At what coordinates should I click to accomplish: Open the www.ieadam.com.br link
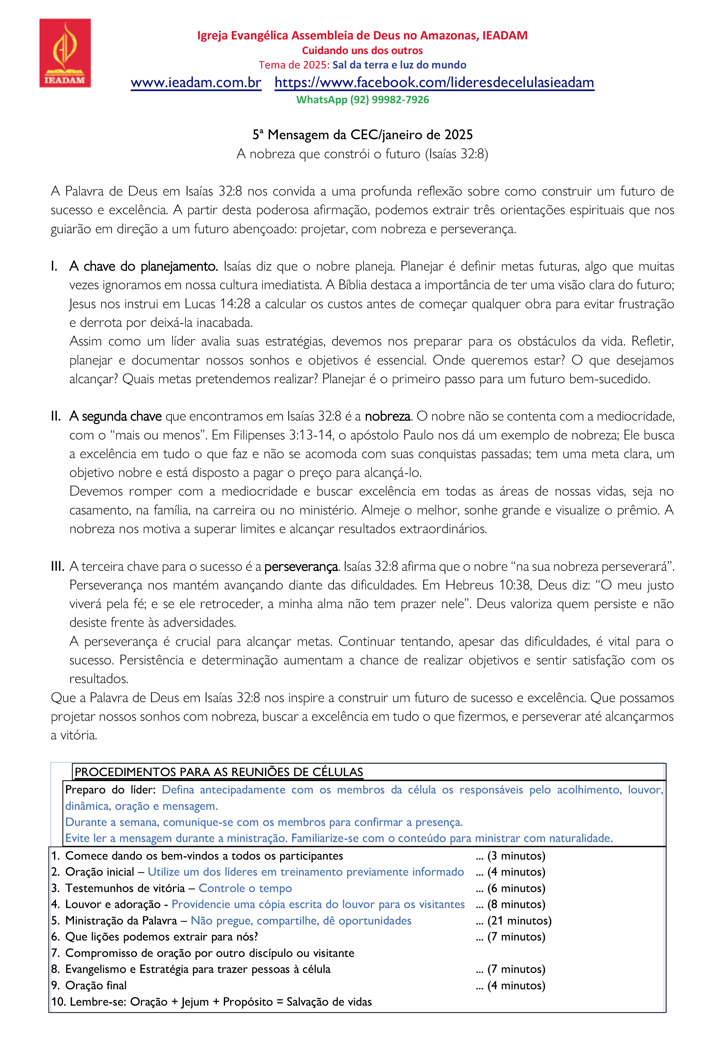(x=196, y=82)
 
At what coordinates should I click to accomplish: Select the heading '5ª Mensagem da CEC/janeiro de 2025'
(x=362, y=134)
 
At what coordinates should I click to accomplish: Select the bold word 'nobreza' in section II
(x=388, y=416)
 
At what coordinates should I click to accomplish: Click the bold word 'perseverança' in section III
(x=301, y=566)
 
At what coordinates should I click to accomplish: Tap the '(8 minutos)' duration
(x=516, y=904)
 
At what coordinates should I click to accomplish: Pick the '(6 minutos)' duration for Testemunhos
(x=516, y=888)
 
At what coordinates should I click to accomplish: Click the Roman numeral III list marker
(x=57, y=566)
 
